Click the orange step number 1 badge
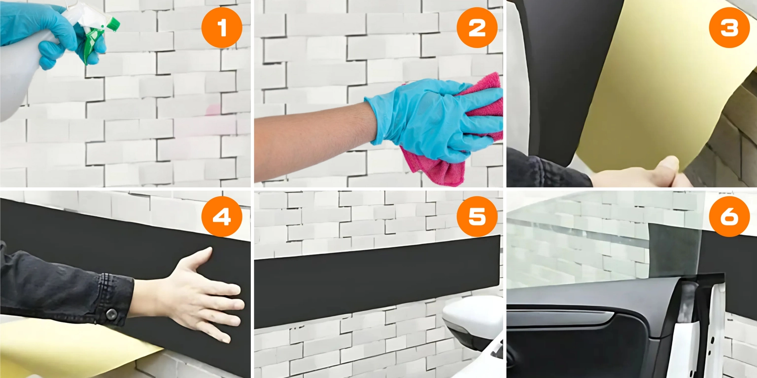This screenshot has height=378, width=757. click(x=222, y=28)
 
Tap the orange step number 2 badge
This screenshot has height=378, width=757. click(x=477, y=28)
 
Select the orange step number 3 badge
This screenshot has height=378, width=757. click(x=729, y=28)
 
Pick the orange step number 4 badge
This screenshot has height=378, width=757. click(x=222, y=217)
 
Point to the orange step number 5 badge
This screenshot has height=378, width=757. click(x=477, y=217)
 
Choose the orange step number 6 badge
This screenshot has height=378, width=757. click(x=729, y=217)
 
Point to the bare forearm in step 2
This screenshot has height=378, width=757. click(x=314, y=142)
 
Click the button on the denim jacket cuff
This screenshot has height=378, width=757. click(x=111, y=315)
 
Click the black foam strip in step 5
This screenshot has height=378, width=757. click(x=377, y=282)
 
